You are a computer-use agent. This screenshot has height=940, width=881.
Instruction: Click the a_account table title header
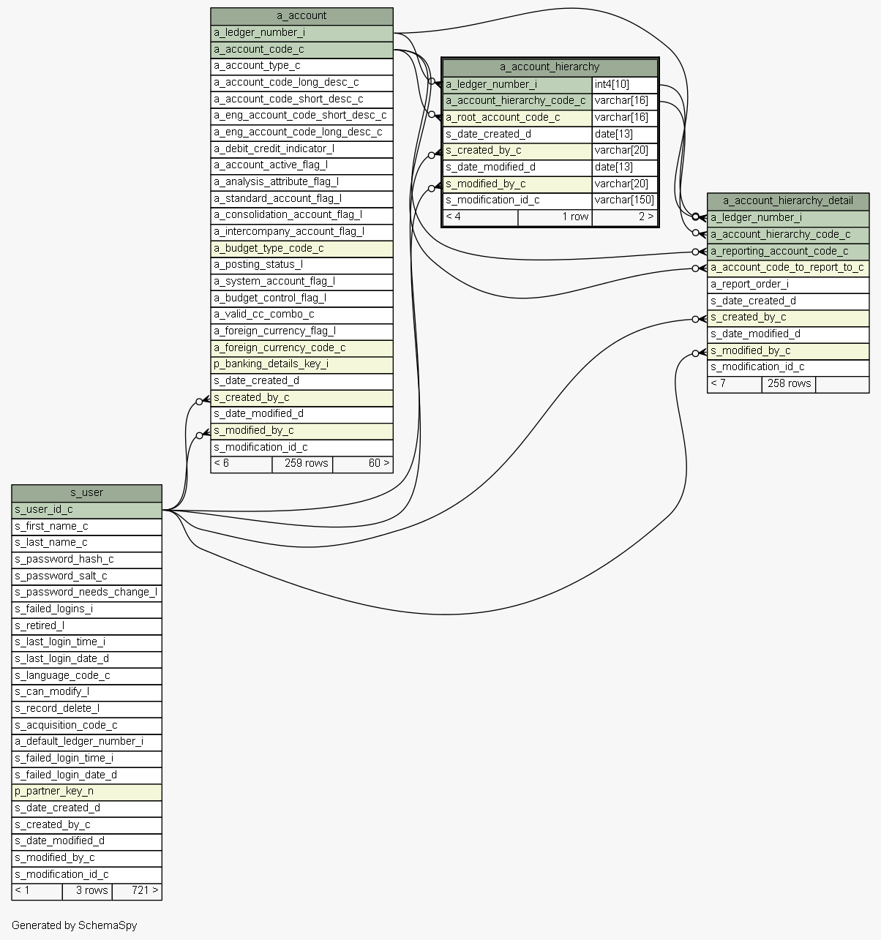pyautogui.click(x=301, y=16)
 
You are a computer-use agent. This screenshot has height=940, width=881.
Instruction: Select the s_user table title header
pyautogui.click(x=86, y=493)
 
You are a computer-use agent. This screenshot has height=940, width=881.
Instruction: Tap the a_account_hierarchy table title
pyautogui.click(x=550, y=67)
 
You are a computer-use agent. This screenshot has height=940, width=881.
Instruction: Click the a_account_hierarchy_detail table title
pyautogui.click(x=787, y=201)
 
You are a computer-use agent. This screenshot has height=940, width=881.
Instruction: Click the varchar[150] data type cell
pyautogui.click(x=624, y=200)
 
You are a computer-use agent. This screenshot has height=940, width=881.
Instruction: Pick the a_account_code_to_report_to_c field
pyautogui.click(x=787, y=268)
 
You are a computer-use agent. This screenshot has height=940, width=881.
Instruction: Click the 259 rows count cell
pyautogui.click(x=302, y=464)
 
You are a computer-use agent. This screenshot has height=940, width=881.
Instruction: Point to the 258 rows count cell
pyautogui.click(x=788, y=384)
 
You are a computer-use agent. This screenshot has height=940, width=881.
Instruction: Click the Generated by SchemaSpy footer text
pyautogui.click(x=74, y=926)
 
